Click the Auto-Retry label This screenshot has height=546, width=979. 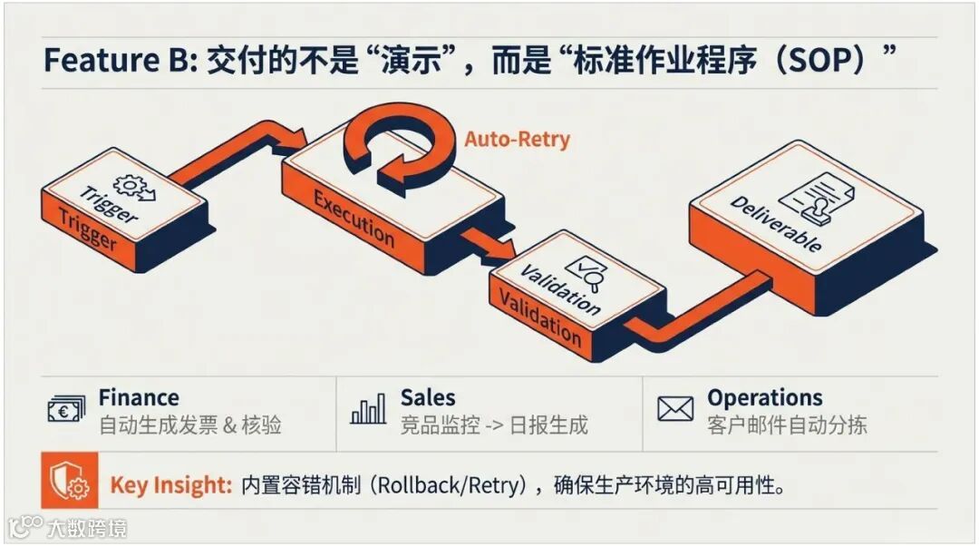518,140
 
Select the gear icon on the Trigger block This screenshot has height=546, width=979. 134,187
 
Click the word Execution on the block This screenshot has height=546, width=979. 354,218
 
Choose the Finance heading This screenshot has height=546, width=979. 139,397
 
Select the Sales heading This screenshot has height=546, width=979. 428,397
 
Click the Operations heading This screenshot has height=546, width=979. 765,397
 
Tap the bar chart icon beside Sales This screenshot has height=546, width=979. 368,410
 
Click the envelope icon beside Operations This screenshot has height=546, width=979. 675,410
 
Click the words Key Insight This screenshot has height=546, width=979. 171,485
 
